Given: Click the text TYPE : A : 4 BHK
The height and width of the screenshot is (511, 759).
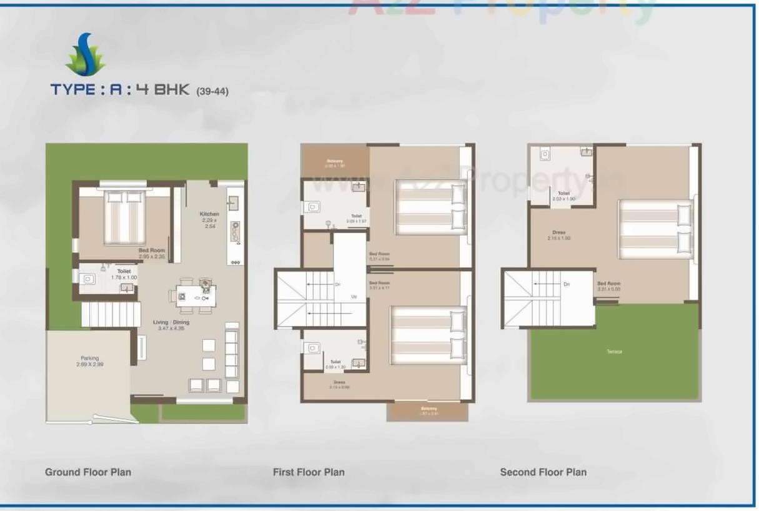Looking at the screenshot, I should click(x=120, y=89).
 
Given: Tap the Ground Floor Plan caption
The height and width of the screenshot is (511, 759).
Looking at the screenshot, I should click(x=88, y=472).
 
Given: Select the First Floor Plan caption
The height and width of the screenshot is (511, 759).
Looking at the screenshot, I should click(x=309, y=472).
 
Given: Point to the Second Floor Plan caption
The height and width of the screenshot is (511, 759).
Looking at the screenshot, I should click(x=543, y=472).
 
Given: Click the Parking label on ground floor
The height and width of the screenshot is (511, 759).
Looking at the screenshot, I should click(x=89, y=359).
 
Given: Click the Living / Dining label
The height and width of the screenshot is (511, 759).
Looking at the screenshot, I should click(x=171, y=322).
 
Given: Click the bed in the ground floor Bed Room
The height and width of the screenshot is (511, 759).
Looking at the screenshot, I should click(x=124, y=217).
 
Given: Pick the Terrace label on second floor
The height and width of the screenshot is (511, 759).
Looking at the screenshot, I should click(x=614, y=352).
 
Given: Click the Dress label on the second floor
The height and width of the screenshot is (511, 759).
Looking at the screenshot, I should click(x=559, y=232).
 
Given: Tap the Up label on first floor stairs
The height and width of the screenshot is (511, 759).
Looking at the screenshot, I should click(x=354, y=296).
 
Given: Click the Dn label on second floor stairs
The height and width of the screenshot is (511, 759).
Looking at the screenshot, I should click(x=567, y=284).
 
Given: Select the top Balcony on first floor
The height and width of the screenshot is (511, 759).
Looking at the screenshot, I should click(x=335, y=162).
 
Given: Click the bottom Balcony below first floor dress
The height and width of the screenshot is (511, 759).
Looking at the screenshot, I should click(x=428, y=410).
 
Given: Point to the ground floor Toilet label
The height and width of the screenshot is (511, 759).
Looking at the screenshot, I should click(x=124, y=271).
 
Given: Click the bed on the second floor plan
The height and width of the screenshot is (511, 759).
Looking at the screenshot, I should click(x=655, y=228).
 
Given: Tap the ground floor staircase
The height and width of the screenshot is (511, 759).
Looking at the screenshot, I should click(x=111, y=314).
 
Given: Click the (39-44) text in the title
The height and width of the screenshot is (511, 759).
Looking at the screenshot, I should click(x=212, y=91).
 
